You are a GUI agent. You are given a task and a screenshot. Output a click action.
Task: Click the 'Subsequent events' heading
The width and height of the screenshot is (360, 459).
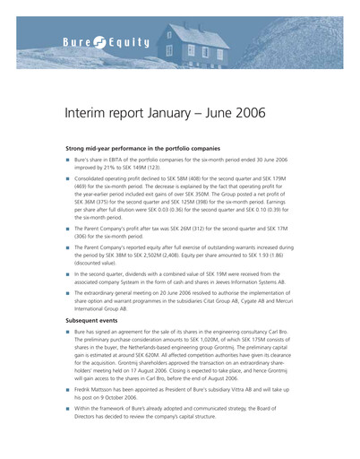pyautogui.click(x=94, y=319)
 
